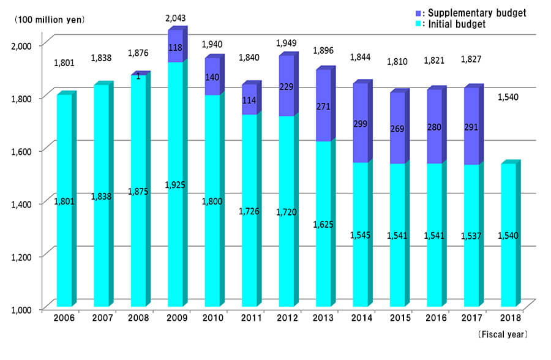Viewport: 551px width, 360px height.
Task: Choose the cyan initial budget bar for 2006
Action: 64,202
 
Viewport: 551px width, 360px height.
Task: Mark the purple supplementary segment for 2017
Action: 471,127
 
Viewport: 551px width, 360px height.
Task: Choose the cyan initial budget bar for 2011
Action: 249,211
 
